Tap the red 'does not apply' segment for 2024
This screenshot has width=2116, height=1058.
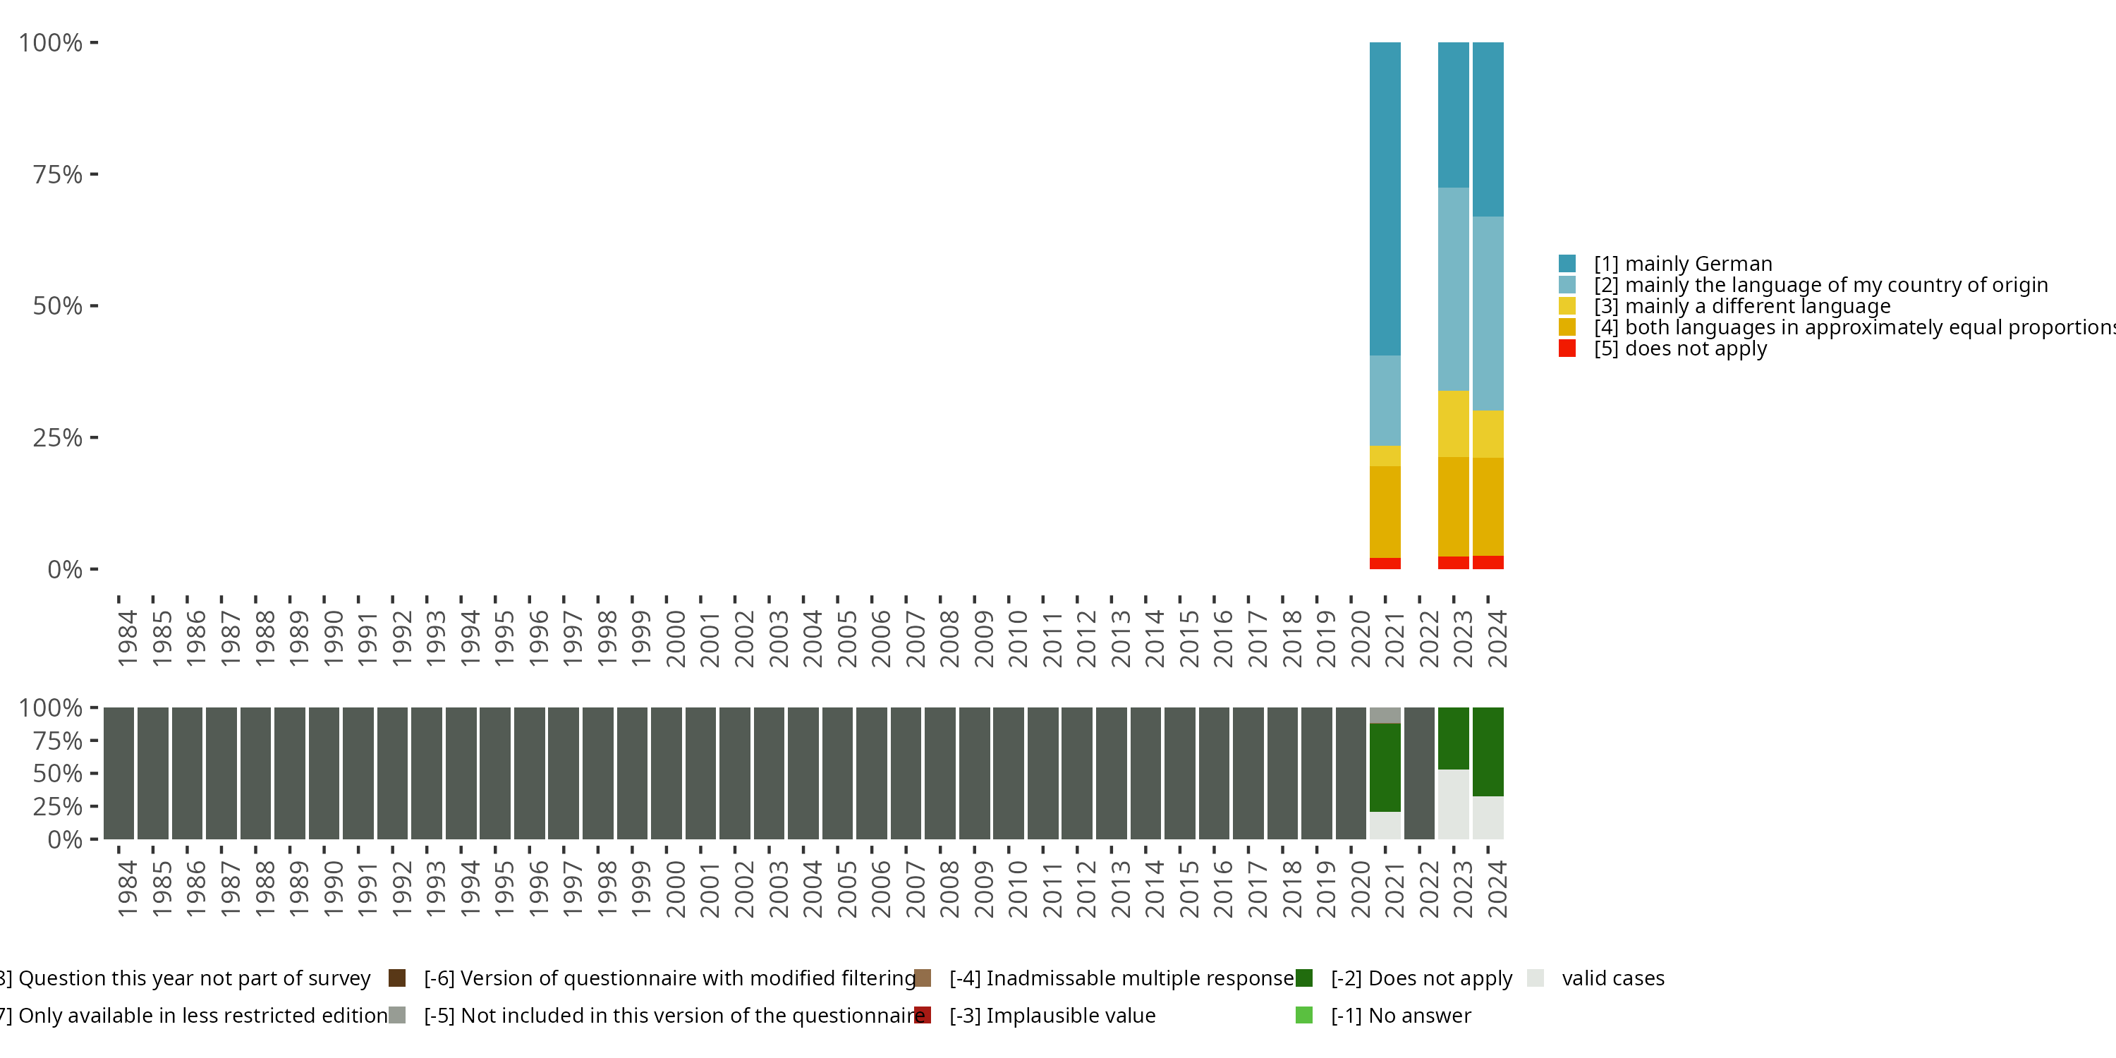click(1488, 563)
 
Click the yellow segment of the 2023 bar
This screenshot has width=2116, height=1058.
click(1453, 424)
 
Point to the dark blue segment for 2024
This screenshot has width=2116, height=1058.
click(1488, 130)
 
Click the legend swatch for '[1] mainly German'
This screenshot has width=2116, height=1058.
click(1567, 264)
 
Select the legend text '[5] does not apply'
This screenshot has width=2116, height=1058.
click(1680, 348)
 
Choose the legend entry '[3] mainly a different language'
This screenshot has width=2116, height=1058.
click(1741, 306)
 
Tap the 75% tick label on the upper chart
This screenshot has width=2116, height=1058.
click(58, 175)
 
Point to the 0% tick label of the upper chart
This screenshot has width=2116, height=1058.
click(65, 569)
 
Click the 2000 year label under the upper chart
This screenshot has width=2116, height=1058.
click(675, 638)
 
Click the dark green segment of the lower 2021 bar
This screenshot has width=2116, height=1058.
click(1385, 767)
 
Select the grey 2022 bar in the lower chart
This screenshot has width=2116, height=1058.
click(1419, 773)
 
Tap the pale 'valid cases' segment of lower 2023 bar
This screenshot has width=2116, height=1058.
click(1453, 804)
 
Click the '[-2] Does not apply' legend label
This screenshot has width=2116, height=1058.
click(1421, 978)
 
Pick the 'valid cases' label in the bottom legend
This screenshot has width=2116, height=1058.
click(1612, 978)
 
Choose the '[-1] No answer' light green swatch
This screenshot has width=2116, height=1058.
click(1303, 1015)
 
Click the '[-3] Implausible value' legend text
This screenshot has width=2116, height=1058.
click(1052, 1015)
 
